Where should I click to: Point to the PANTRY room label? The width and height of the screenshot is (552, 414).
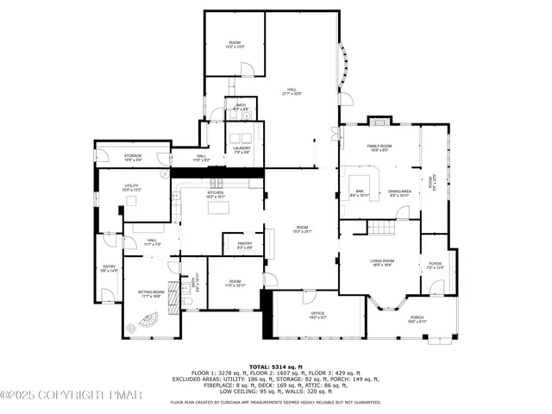(x=245, y=244)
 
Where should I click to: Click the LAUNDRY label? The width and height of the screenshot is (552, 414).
(x=241, y=148)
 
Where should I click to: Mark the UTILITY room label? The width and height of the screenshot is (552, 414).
(x=132, y=185)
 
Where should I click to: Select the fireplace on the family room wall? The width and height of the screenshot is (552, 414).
(x=379, y=121)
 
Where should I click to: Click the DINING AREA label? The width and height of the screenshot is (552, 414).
(x=399, y=191)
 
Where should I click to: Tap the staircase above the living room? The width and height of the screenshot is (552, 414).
(x=381, y=227)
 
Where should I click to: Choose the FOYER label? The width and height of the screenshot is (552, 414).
(x=435, y=265)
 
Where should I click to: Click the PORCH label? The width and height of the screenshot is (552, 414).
(x=417, y=317)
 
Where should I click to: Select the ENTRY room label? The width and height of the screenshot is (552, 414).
(x=109, y=267)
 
